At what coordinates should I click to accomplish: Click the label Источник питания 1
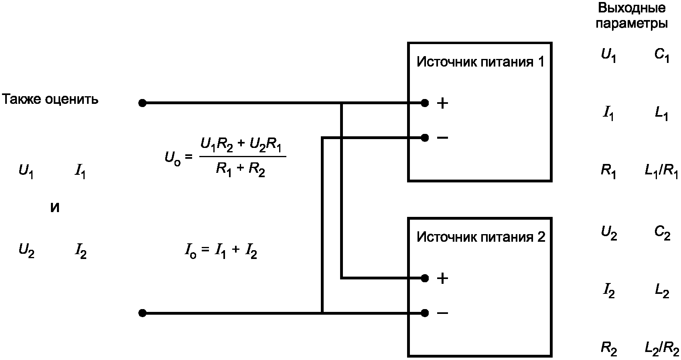coord(480,62)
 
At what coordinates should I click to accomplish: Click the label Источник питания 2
coord(481,237)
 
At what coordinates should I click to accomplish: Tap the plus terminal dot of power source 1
coord(425,103)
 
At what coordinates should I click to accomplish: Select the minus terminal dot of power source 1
coord(425,138)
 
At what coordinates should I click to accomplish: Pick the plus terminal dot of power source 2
coord(425,278)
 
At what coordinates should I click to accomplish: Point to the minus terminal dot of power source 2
coord(425,313)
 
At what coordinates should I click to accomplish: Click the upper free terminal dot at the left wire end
coord(142,103)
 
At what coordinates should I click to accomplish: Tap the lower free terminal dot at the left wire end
coord(142,313)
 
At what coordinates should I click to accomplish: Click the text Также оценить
coord(50,99)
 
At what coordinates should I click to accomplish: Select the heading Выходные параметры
coord(632,16)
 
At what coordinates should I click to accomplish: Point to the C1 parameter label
coord(662,56)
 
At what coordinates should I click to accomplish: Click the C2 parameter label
coord(662,234)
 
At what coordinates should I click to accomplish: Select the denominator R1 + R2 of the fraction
coord(241,170)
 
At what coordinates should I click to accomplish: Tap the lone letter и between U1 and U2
coord(55,208)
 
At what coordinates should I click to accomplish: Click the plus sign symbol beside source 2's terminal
coord(442,279)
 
